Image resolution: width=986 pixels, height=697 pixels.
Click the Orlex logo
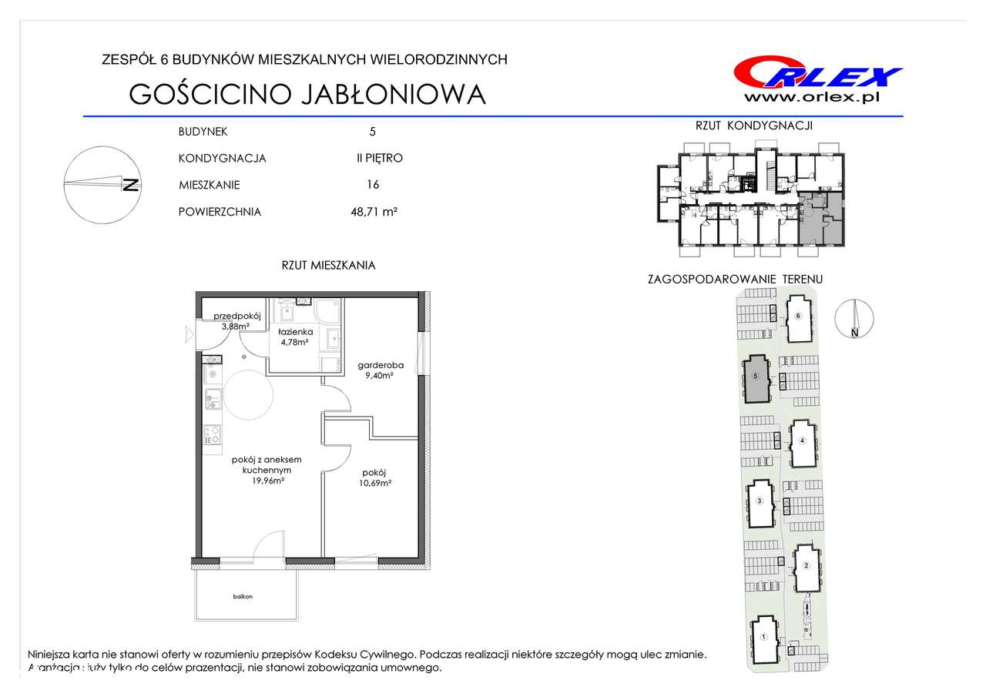click(818, 73)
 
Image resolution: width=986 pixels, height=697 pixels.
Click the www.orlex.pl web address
click(812, 98)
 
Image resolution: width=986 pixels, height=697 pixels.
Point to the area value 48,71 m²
click(374, 212)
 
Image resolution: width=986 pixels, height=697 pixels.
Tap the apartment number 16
click(373, 184)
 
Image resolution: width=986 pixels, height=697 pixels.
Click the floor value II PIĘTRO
click(380, 158)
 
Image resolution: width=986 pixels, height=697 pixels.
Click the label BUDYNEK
click(203, 132)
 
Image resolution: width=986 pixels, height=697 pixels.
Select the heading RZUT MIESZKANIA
click(328, 266)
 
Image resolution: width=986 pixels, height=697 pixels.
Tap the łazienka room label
click(295, 332)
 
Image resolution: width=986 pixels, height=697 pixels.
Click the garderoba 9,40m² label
click(381, 370)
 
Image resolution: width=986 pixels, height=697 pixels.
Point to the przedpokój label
click(237, 316)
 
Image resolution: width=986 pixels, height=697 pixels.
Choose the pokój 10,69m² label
click(374, 478)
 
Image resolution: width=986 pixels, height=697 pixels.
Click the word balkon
click(243, 597)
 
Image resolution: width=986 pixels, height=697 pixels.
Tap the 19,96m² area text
click(267, 481)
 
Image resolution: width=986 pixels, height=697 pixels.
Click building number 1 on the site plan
click(764, 637)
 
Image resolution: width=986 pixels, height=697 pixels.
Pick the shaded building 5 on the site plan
click(756, 379)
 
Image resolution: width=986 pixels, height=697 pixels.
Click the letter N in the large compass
click(131, 186)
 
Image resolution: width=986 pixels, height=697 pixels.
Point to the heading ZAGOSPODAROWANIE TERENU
click(735, 279)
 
